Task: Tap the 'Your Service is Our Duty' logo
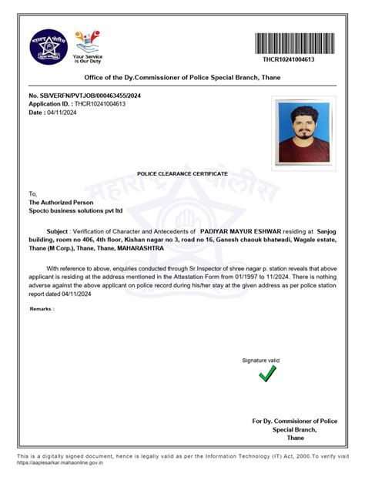pyautogui.click(x=87, y=45)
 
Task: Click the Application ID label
pyautogui.click(x=50, y=103)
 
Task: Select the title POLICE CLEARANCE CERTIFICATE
pyautogui.click(x=182, y=176)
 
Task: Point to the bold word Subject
pyautogui.click(x=58, y=230)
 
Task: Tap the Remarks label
pyautogui.click(x=42, y=308)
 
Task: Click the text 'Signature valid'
pyautogui.click(x=261, y=361)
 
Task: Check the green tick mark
pyautogui.click(x=267, y=374)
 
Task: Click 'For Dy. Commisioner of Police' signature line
pyautogui.click(x=295, y=422)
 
